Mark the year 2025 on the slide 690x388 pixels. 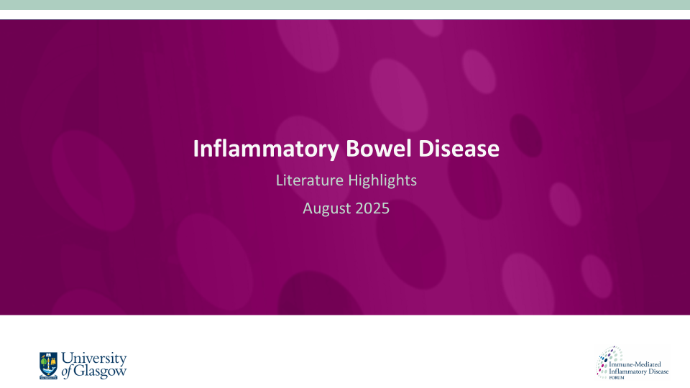pos(370,209)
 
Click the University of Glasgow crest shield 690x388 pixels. pos(49,364)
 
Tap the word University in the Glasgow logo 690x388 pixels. pos(94,359)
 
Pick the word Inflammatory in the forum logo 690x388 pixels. pos(626,371)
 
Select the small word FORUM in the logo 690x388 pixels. pos(617,378)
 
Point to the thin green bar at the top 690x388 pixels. pos(345,5)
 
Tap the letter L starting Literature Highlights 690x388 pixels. pos(280,180)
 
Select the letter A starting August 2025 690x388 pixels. pos(308,209)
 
